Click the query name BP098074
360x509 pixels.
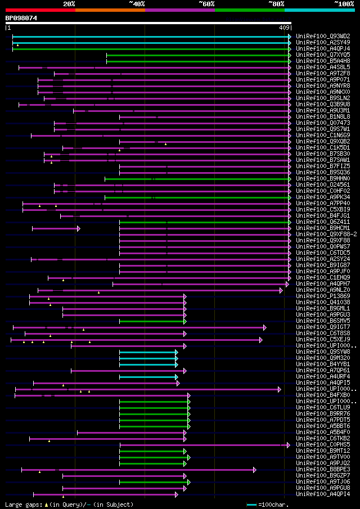pos(21,18)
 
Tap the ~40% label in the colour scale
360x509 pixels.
pos(137,4)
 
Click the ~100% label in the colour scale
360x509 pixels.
pos(344,4)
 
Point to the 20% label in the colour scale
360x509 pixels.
pos(69,4)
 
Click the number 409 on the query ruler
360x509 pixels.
pos(284,27)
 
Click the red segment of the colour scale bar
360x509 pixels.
pos(40,10)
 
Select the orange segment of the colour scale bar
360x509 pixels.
pos(110,10)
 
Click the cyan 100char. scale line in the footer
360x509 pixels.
pos(251,505)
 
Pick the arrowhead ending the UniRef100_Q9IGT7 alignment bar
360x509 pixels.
pos(264,327)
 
